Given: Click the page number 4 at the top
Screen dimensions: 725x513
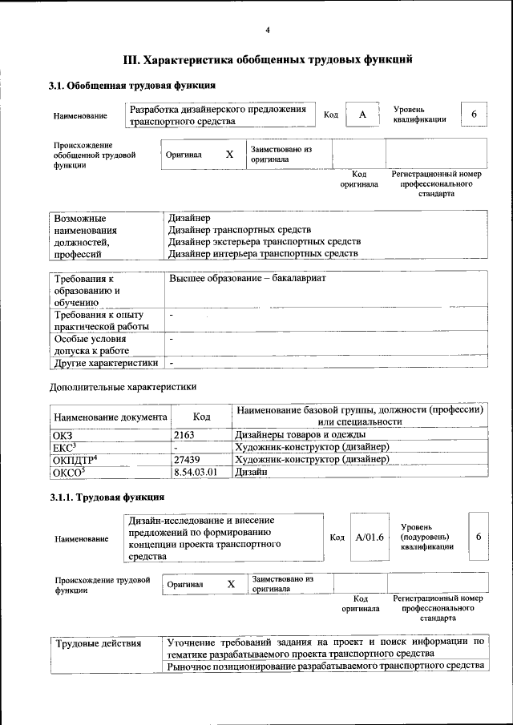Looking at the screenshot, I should click(268, 30).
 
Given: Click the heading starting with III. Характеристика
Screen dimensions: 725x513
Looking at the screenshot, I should click(268, 59).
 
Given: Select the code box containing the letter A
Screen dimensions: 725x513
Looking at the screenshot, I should click(362, 115).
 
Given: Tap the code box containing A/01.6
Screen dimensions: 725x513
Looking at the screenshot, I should click(370, 537).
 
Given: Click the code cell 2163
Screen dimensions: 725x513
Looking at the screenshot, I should click(184, 434).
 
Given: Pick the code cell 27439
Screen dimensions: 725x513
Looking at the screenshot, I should click(186, 460).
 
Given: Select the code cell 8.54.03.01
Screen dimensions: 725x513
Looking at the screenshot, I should click(196, 473).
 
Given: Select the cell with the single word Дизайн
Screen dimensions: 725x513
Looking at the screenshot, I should click(250, 473).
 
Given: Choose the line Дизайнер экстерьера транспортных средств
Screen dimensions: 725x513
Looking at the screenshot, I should click(265, 241).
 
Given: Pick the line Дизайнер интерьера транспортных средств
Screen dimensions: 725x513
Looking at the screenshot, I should click(263, 254).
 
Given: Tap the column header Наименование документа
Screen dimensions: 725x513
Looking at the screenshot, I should click(110, 417).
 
